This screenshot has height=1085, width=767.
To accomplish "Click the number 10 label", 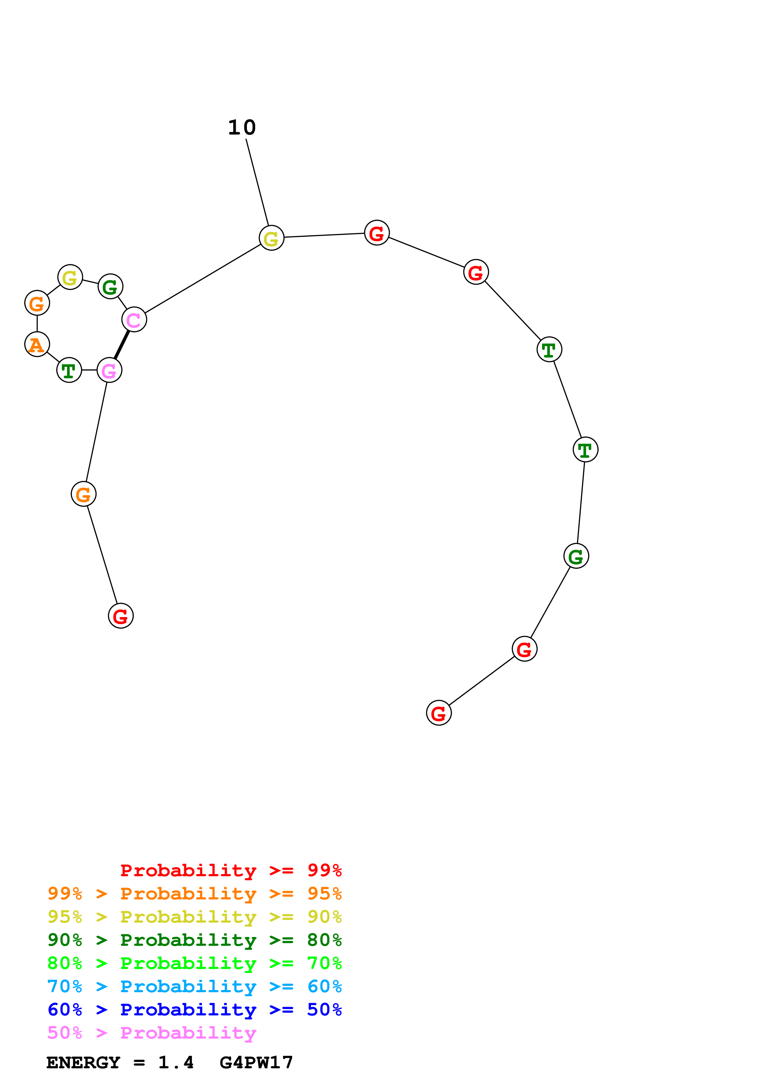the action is [242, 128].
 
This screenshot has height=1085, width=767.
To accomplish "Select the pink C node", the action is [134, 319].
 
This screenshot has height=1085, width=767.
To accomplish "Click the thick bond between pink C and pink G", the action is [122, 345].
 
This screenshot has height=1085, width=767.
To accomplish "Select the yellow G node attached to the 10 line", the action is [271, 238].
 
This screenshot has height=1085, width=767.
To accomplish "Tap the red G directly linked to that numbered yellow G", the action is [377, 233].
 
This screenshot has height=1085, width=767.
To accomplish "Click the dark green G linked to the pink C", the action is [110, 286].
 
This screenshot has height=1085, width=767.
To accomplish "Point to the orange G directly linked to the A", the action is [37, 303].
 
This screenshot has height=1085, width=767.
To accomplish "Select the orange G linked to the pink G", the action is [83, 494].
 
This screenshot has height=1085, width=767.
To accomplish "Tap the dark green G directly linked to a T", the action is [576, 556].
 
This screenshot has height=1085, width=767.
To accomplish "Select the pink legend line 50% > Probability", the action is [152, 1033].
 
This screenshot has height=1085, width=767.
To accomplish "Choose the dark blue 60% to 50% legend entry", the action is [194, 1010].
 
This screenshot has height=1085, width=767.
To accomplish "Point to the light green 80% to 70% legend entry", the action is [194, 963].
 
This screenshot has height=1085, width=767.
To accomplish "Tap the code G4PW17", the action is [256, 1063].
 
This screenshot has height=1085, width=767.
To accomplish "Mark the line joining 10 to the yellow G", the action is [257, 182].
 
